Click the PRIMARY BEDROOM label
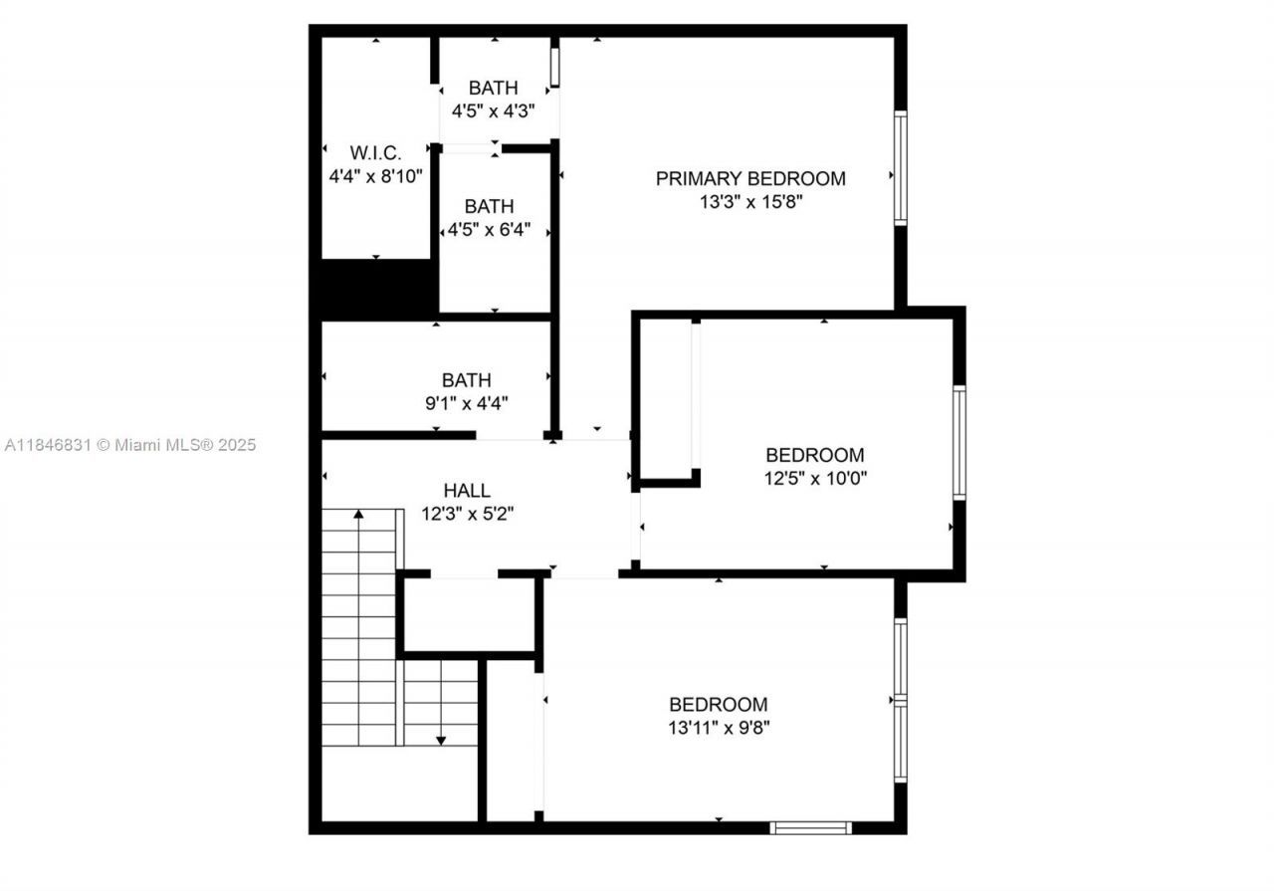click(x=750, y=179)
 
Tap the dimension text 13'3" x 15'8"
click(x=750, y=202)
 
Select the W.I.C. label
click(x=375, y=153)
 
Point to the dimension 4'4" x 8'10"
click(x=376, y=176)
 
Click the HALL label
click(x=467, y=491)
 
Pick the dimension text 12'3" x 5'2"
click(x=467, y=514)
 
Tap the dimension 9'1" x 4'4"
click(x=467, y=403)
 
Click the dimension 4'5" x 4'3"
click(x=494, y=111)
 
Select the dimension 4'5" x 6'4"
click(x=489, y=230)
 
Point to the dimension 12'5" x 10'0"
click(x=814, y=478)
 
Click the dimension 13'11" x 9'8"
click(x=719, y=727)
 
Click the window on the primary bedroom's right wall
click(x=900, y=168)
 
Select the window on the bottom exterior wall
click(x=811, y=827)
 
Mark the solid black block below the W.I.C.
click(x=376, y=289)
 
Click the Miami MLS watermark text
click(x=129, y=445)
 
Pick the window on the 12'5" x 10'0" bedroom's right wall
click(x=959, y=442)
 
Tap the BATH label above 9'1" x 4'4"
click(x=467, y=380)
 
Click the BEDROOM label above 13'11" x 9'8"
click(x=719, y=704)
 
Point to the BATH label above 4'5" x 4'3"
click(x=494, y=89)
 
